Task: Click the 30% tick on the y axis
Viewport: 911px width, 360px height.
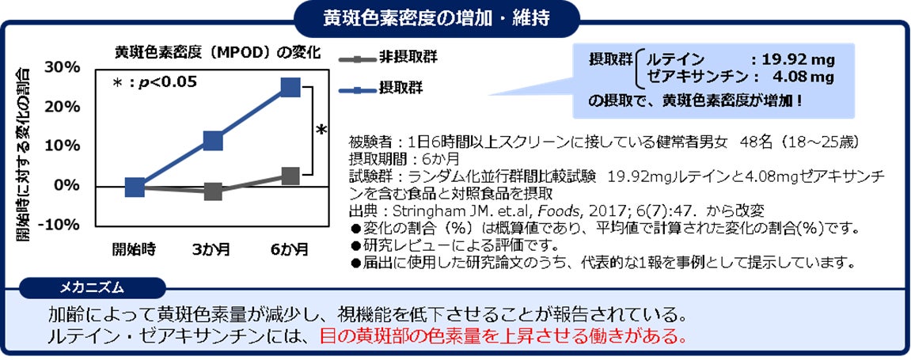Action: coord(63,67)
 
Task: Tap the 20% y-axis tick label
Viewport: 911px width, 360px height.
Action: coord(63,107)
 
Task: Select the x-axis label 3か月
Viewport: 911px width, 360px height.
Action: coord(212,249)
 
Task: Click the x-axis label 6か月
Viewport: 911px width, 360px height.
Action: coord(290,249)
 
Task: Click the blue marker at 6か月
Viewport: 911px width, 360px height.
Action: coord(290,86)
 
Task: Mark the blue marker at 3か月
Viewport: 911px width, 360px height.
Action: coord(213,141)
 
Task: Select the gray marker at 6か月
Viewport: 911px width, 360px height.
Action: coord(290,176)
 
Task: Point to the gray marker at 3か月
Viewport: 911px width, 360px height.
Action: coord(213,191)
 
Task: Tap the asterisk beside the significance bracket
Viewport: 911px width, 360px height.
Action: coord(321,131)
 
